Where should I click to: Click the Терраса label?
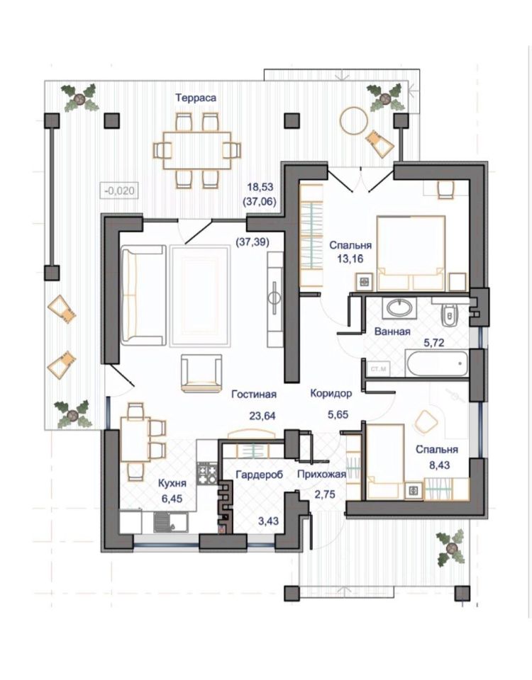[196, 98]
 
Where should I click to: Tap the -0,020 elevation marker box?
[119, 190]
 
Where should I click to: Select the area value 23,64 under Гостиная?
[262, 416]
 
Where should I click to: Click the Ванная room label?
[392, 331]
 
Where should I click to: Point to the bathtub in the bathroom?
[436, 363]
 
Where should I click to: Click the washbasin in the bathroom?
[399, 307]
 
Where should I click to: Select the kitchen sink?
[170, 522]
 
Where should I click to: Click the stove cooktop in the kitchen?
[206, 474]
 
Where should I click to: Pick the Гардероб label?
[260, 475]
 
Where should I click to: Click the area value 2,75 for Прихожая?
[325, 494]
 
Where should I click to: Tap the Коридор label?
[331, 393]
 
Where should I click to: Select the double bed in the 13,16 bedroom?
[411, 254]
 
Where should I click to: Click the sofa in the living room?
[144, 295]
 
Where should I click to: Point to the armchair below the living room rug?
[201, 374]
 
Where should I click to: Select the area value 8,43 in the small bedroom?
[440, 465]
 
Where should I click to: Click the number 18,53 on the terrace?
[260, 187]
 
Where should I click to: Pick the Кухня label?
[172, 483]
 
